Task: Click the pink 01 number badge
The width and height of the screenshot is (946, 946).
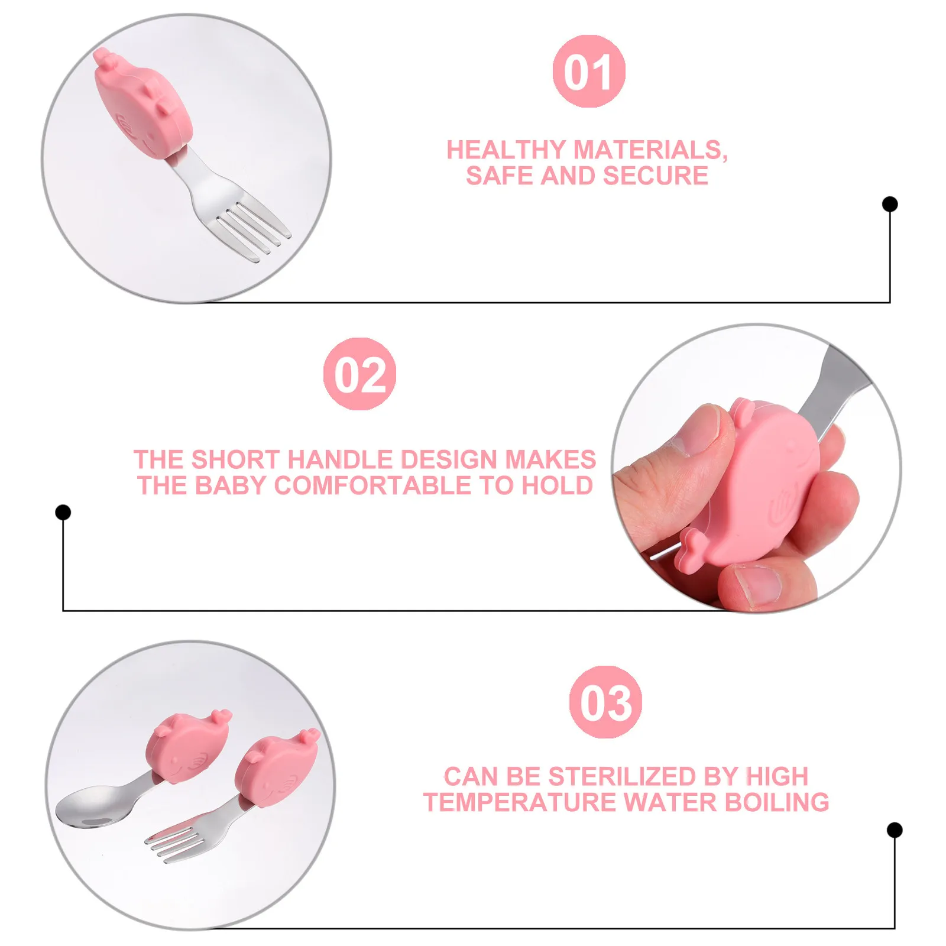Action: click(589, 71)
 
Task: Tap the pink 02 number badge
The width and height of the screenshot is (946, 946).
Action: click(359, 374)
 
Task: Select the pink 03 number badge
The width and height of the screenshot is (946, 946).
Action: click(605, 702)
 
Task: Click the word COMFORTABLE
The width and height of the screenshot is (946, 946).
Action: click(374, 485)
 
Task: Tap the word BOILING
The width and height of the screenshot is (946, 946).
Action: click(777, 802)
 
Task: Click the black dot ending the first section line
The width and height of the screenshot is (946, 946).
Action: click(890, 204)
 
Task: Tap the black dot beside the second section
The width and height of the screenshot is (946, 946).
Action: click(63, 512)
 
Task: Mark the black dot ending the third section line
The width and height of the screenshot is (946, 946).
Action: click(895, 830)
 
